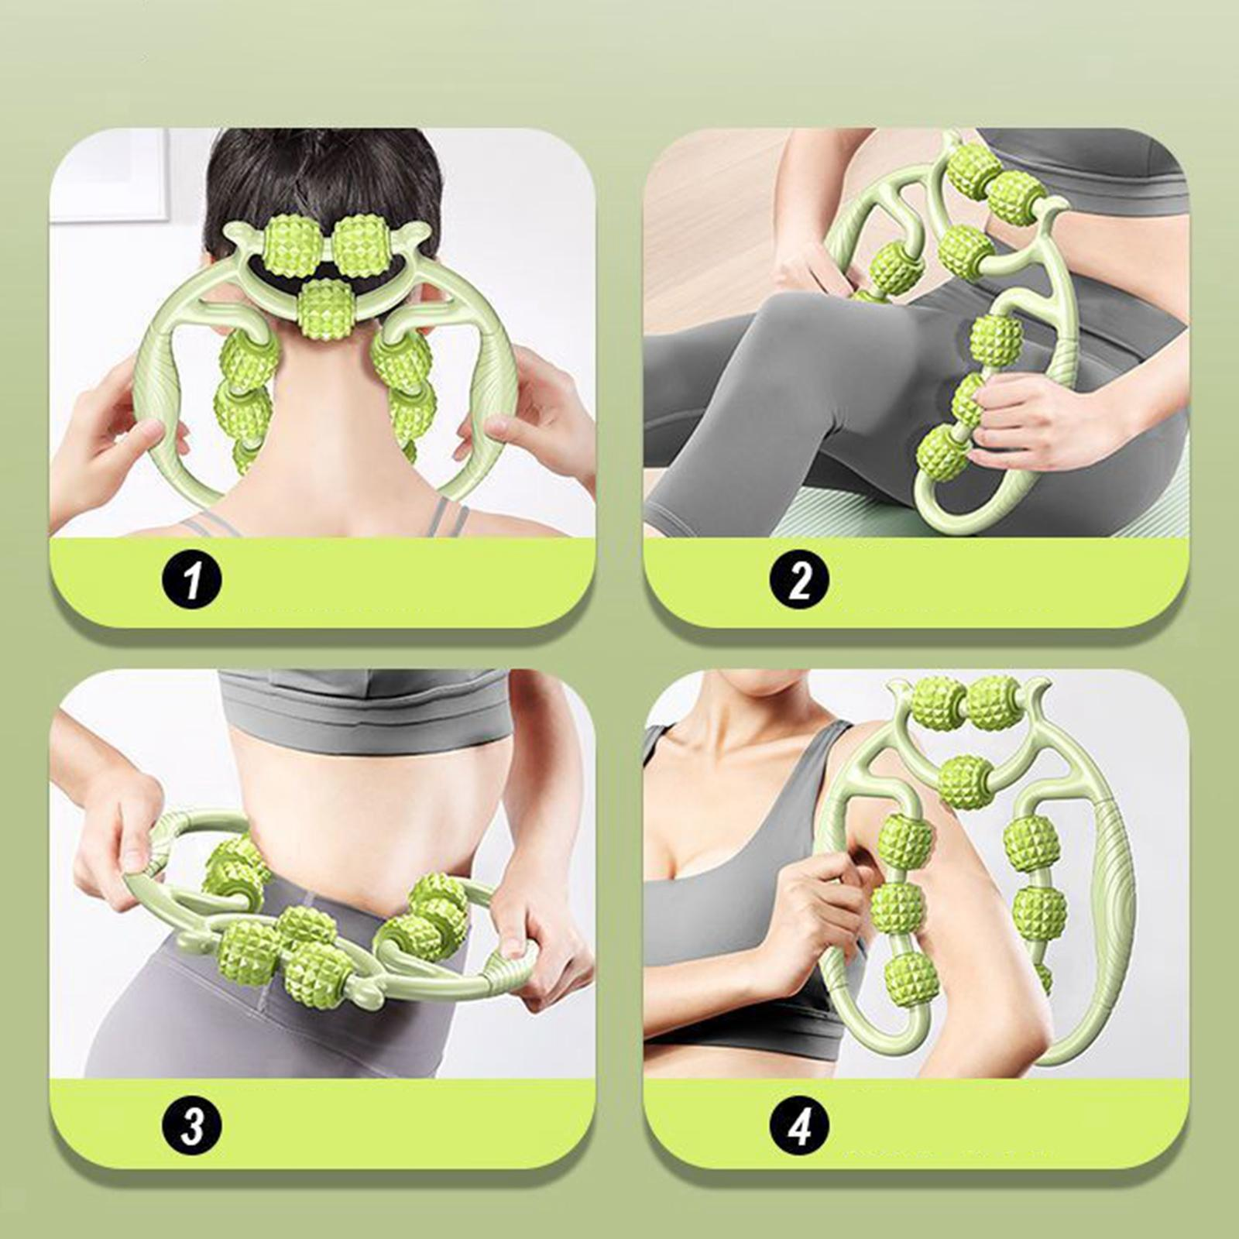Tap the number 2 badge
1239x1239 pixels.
[x=798, y=578]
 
